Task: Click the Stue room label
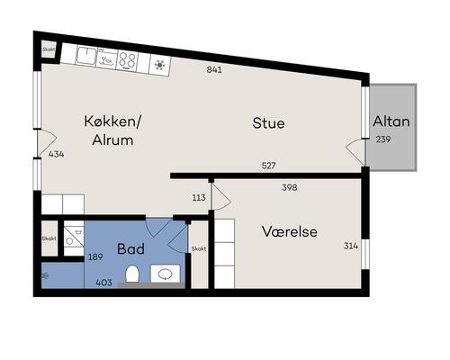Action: click(x=268, y=123)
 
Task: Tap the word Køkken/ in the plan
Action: click(x=112, y=121)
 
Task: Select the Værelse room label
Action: click(x=290, y=231)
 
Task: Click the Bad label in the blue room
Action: click(x=130, y=249)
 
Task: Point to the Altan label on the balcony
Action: click(x=391, y=121)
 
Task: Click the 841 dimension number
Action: click(x=214, y=69)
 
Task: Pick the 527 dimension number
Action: click(x=268, y=166)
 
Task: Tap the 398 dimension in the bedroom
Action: click(x=290, y=187)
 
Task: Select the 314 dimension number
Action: click(x=351, y=246)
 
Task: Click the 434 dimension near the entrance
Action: click(x=57, y=154)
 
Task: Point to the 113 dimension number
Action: click(x=199, y=197)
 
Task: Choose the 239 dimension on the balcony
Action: click(x=383, y=139)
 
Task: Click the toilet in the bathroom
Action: click(x=132, y=274)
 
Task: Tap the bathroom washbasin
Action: click(x=165, y=274)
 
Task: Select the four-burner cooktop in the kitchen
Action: click(x=127, y=60)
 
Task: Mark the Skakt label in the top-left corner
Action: click(x=49, y=49)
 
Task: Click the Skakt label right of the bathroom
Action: click(x=199, y=248)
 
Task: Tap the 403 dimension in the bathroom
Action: click(x=103, y=283)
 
